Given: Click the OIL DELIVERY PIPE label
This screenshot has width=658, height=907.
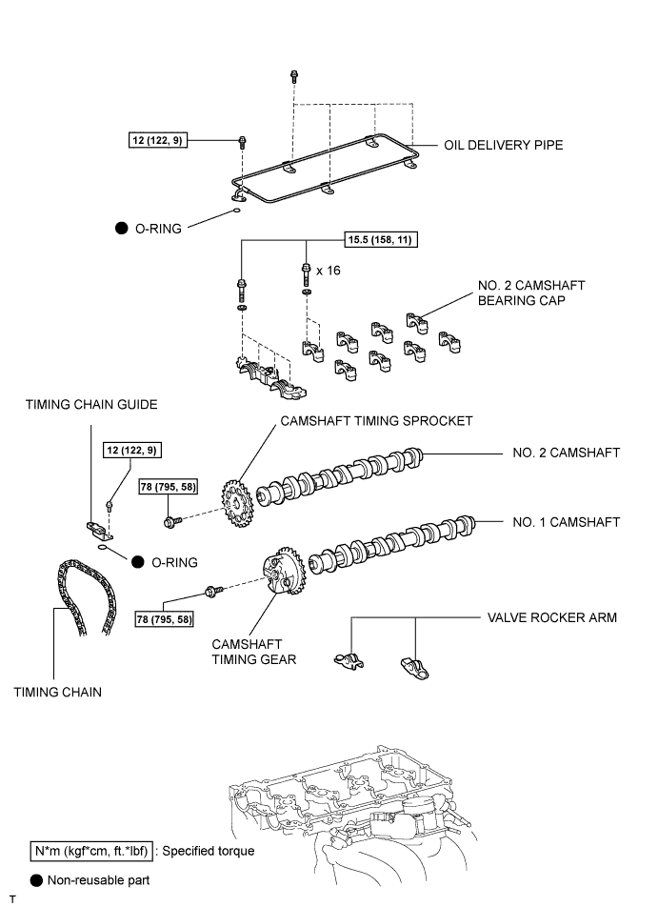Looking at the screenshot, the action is [x=503, y=145].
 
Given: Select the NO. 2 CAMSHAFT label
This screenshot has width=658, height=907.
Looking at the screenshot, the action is [x=566, y=453].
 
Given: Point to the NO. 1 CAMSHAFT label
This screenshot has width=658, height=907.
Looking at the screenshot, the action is [x=566, y=522].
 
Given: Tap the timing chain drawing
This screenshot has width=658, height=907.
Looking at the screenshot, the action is [x=85, y=597].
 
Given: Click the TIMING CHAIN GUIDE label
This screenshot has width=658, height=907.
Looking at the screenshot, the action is [x=91, y=404].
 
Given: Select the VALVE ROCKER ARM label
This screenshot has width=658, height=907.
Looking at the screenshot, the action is [x=552, y=617].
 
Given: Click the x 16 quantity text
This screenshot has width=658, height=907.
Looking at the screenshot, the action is [x=329, y=271].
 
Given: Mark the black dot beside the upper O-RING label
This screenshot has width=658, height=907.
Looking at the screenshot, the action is [x=122, y=229].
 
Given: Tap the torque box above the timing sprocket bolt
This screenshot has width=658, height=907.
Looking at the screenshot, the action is [x=169, y=487].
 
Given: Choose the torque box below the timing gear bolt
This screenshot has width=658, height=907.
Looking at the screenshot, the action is [x=164, y=619].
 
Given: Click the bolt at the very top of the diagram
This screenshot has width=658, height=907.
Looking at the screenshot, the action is [x=293, y=76].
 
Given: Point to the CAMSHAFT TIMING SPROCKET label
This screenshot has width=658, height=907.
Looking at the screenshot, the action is [x=376, y=421].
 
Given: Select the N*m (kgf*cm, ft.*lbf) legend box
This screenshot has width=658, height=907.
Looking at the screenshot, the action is [x=92, y=852].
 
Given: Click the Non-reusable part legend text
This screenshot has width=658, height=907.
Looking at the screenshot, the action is [x=98, y=880].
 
